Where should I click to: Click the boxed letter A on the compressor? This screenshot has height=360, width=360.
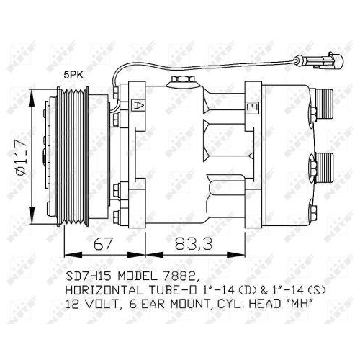136,104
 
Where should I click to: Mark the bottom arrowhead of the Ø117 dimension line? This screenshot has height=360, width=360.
32,220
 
